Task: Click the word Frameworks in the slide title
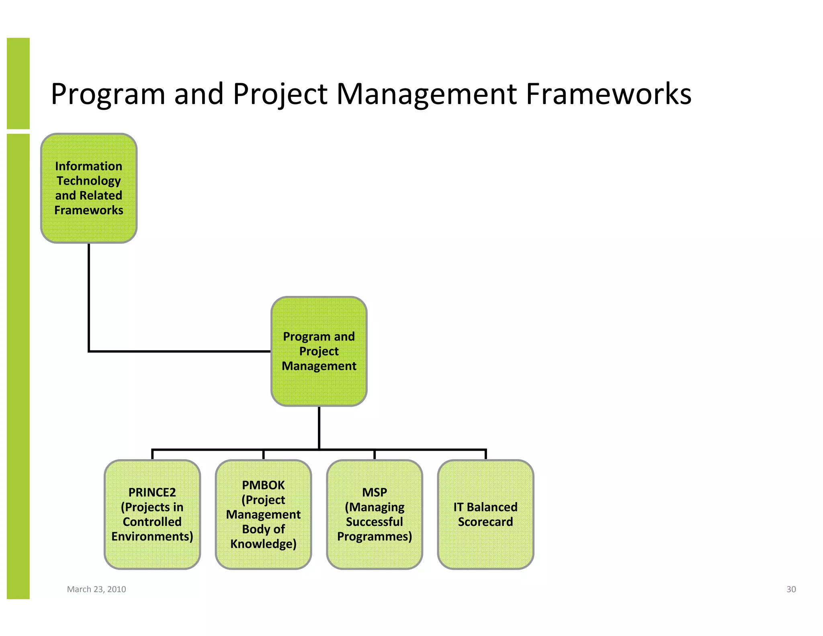[x=608, y=94]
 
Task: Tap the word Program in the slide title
[x=108, y=95]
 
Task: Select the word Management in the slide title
[x=426, y=94]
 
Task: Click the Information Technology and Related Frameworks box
[x=89, y=188]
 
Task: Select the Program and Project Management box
[x=319, y=351]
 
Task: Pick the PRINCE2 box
[x=152, y=514]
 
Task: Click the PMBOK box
[x=263, y=514]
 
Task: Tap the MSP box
[x=375, y=514]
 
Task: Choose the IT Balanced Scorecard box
[x=485, y=514]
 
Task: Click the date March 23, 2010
[x=96, y=589]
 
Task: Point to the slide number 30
[x=791, y=589]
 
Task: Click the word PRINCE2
[x=152, y=492]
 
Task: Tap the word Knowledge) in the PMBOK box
[x=263, y=544]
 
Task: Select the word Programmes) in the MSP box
[x=375, y=537]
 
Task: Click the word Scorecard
[x=485, y=522]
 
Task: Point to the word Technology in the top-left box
[x=88, y=181]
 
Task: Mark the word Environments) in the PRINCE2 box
[x=152, y=537]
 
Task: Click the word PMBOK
[x=263, y=485]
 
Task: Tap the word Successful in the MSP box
[x=375, y=522]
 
